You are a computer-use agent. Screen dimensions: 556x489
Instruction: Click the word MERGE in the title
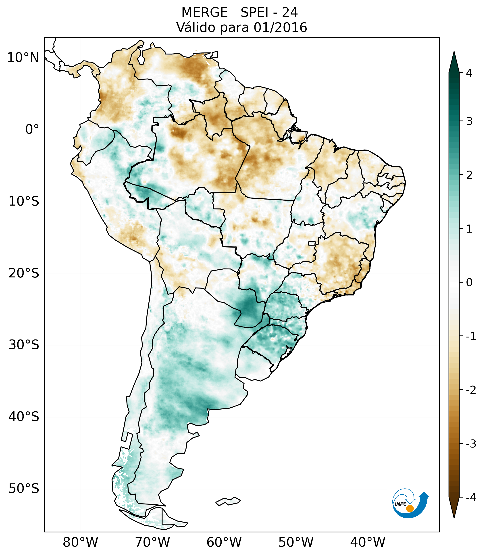tap(204, 12)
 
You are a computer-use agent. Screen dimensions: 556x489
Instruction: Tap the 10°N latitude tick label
tap(23, 58)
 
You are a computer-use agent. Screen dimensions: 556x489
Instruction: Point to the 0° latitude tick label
tap(32, 129)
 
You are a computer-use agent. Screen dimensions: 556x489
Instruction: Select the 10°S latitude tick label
tap(24, 201)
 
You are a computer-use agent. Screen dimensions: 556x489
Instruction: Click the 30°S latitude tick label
tap(24, 345)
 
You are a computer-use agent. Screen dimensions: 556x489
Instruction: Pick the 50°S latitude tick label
tap(24, 489)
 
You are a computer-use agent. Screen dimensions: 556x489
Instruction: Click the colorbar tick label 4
tap(469, 73)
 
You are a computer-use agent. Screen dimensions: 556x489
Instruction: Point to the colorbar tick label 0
tap(469, 282)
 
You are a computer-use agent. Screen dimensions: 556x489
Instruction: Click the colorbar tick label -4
tap(471, 498)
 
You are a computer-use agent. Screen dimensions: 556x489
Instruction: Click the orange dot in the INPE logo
tap(410, 508)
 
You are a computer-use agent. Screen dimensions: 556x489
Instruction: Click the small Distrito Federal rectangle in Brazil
tap(312, 243)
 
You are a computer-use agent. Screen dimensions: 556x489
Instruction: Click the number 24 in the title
tap(290, 12)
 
